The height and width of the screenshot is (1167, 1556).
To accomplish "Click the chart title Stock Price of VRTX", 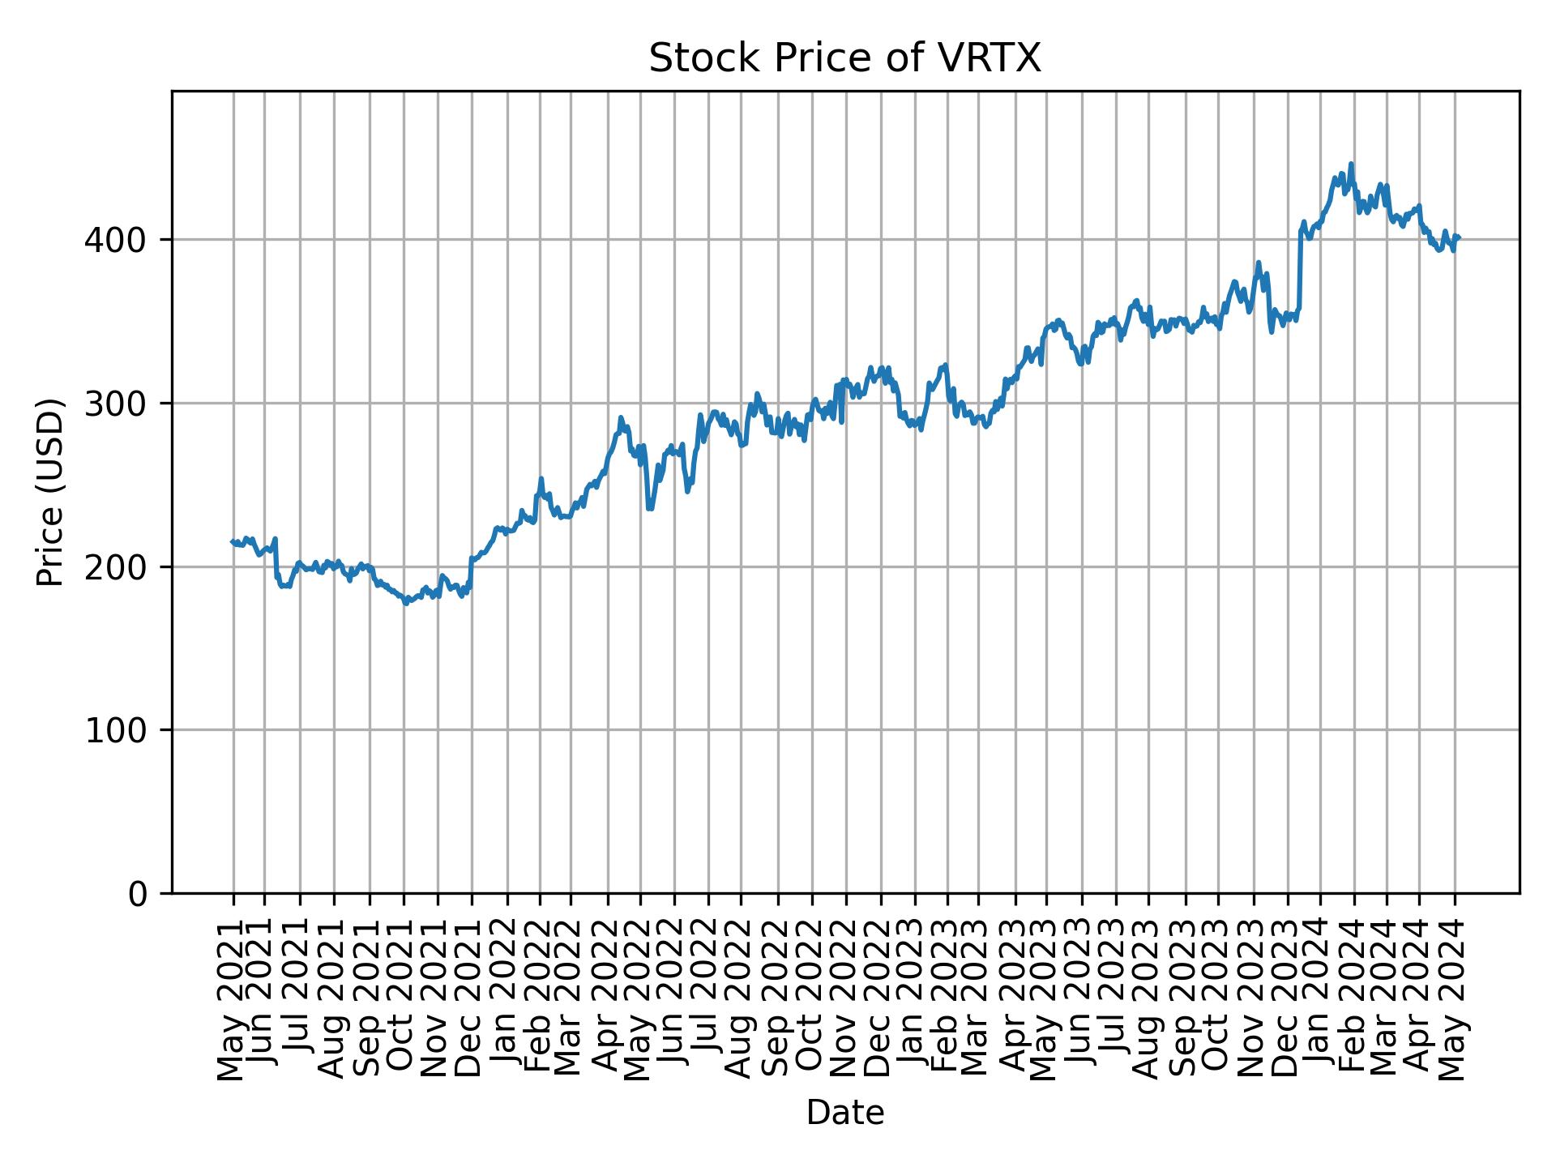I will click(844, 59).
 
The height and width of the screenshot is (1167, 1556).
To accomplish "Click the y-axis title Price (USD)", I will click(50, 492).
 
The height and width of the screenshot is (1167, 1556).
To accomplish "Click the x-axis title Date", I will click(844, 1113).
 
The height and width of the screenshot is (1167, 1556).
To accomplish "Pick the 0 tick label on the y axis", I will click(138, 894).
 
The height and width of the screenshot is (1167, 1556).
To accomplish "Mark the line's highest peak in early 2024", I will click(1350, 164).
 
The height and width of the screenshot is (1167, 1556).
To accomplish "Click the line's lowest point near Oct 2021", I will click(407, 603).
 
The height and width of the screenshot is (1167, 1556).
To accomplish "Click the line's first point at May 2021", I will click(233, 541).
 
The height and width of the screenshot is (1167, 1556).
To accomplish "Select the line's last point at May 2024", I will click(1458, 237).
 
